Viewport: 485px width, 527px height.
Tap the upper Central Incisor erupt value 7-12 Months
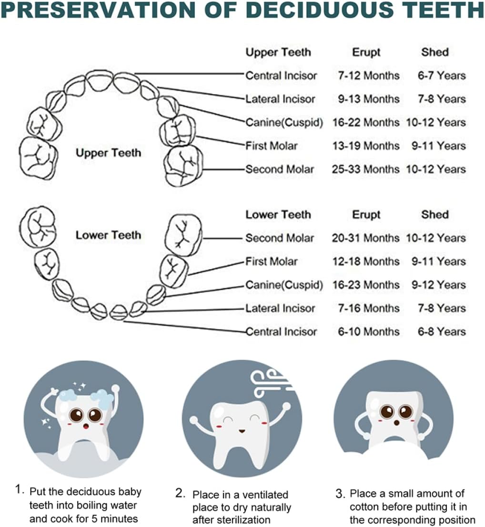click(369, 76)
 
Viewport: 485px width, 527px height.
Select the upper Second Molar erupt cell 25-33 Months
click(365, 169)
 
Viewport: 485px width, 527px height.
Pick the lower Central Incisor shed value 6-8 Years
click(442, 332)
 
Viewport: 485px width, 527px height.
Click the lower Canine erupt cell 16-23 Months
click(366, 285)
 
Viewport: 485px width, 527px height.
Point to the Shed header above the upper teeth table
click(435, 52)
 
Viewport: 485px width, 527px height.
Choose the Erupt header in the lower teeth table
click(366, 215)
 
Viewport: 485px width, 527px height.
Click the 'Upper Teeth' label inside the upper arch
click(108, 153)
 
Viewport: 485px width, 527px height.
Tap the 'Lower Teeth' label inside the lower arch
click(108, 235)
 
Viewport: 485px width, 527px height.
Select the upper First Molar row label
click(272, 146)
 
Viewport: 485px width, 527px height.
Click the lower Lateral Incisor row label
click(280, 308)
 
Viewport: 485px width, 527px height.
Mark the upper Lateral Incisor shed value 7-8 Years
click(442, 99)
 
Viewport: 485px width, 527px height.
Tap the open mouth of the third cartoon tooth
click(396, 422)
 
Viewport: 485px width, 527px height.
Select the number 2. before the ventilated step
click(180, 493)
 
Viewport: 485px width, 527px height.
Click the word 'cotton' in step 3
click(365, 507)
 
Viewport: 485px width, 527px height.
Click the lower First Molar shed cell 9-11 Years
click(439, 261)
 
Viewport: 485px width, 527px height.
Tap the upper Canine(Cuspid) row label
click(284, 123)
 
